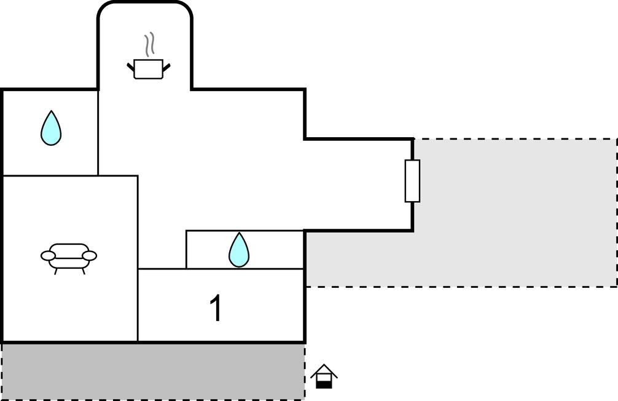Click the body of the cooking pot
pos(149,69)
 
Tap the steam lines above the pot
pos(149,46)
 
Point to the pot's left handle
pos(130,65)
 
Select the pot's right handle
pos(166,65)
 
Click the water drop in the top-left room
pos(51,129)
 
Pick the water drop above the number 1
pos(239,251)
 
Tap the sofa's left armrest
pos(49,255)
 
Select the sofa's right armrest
pos(89,255)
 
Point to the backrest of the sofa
pos(69,248)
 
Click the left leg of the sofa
pos(56,271)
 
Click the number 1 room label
pos(216,308)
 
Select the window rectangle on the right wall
pos(412,181)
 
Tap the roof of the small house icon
pos(324,370)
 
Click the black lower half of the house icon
pos(324,384)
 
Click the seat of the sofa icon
pos(69,262)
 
